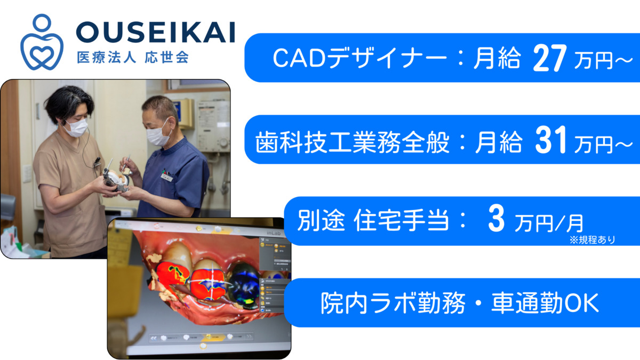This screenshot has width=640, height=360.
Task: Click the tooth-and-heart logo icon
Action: click(42, 43)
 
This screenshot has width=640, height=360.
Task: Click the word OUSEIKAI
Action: click(156, 33)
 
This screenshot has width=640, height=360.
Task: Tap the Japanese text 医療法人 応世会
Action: click(133, 58)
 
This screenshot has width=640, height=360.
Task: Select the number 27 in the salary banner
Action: click(549, 58)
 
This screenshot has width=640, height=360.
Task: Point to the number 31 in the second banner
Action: click(550, 140)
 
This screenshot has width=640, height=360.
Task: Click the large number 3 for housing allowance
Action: click(497, 219)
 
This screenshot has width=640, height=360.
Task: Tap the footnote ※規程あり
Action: click(593, 239)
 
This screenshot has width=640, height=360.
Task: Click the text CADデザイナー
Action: click(359, 58)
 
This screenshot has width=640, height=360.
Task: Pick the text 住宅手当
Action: click(401, 220)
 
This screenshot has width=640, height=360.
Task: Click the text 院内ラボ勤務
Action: click(393, 303)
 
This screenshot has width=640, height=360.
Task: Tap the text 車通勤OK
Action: click(545, 303)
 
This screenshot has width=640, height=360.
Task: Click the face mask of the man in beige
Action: click(76, 127)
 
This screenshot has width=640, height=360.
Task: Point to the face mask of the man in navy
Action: click(158, 135)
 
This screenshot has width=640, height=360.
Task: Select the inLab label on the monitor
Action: click(274, 233)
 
